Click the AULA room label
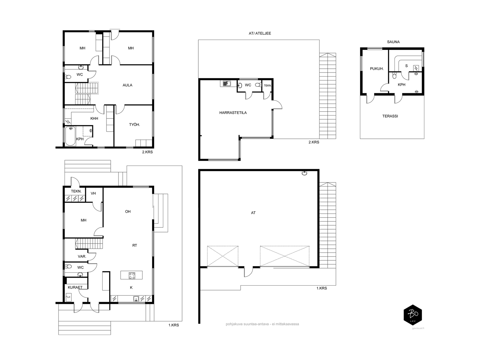127,85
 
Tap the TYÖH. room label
134,124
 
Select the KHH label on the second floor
94,118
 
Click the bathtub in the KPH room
70,136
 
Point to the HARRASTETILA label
233,113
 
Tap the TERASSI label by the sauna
390,116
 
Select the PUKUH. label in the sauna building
377,69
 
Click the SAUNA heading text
393,42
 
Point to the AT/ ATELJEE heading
260,33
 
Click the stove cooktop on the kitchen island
132,275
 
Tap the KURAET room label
75,287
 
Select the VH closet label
93,193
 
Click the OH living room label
128,211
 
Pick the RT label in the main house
134,245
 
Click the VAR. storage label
82,256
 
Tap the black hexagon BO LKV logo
412,315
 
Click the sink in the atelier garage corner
304,173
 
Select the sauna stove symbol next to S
416,68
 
